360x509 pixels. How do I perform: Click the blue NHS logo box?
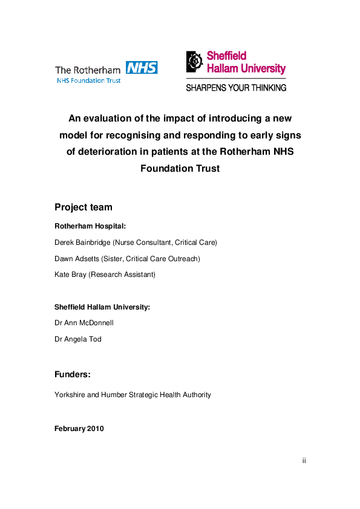coord(142,67)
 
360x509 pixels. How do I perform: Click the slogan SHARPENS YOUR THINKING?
coord(236,88)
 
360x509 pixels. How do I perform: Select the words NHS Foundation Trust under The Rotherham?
coord(88,80)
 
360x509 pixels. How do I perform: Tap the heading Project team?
coord(83,207)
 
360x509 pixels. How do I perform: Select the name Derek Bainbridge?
coord(82,242)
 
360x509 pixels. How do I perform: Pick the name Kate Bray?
coord(69,274)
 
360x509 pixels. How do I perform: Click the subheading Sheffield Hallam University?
coord(102,307)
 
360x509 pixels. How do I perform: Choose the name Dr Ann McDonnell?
coord(84,323)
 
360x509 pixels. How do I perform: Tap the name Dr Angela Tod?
coord(78,339)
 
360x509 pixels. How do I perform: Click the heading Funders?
coord(73,375)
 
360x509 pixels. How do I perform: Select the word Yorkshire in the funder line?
coord(68,395)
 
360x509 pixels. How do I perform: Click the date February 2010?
coord(79,429)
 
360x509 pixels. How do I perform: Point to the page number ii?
coord(304,461)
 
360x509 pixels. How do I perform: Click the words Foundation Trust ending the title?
coord(180,169)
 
